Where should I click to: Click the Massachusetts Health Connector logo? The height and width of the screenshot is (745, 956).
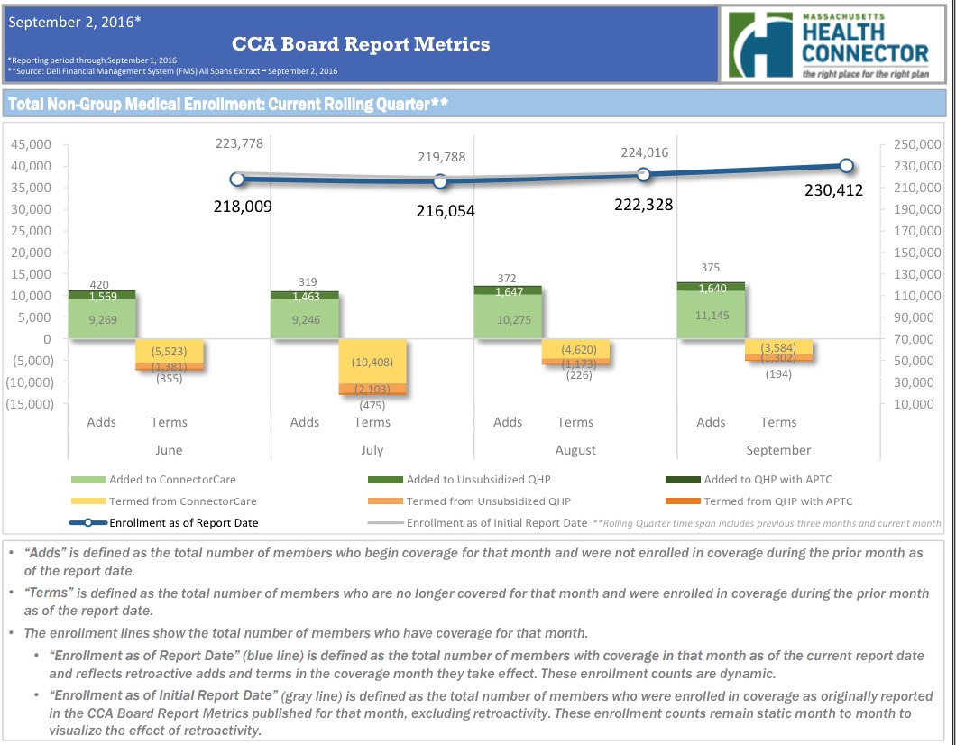coord(831,44)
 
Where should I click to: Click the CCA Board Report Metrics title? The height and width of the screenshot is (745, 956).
coord(361,43)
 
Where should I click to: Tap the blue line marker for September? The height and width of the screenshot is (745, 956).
coord(846,165)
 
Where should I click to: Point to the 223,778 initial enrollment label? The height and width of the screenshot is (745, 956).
coord(239,144)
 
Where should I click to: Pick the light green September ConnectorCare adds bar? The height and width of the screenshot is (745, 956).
coord(712,315)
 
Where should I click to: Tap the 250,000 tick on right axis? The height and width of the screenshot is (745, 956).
coord(917,144)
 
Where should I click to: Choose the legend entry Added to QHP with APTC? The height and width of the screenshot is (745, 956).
coord(776,479)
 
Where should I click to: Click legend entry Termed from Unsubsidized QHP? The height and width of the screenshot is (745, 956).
coord(487,501)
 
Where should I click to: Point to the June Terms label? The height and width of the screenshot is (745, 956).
coord(169,422)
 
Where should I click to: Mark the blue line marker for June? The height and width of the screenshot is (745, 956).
coord(237,179)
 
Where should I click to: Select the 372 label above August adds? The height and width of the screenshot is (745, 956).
coord(508,278)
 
